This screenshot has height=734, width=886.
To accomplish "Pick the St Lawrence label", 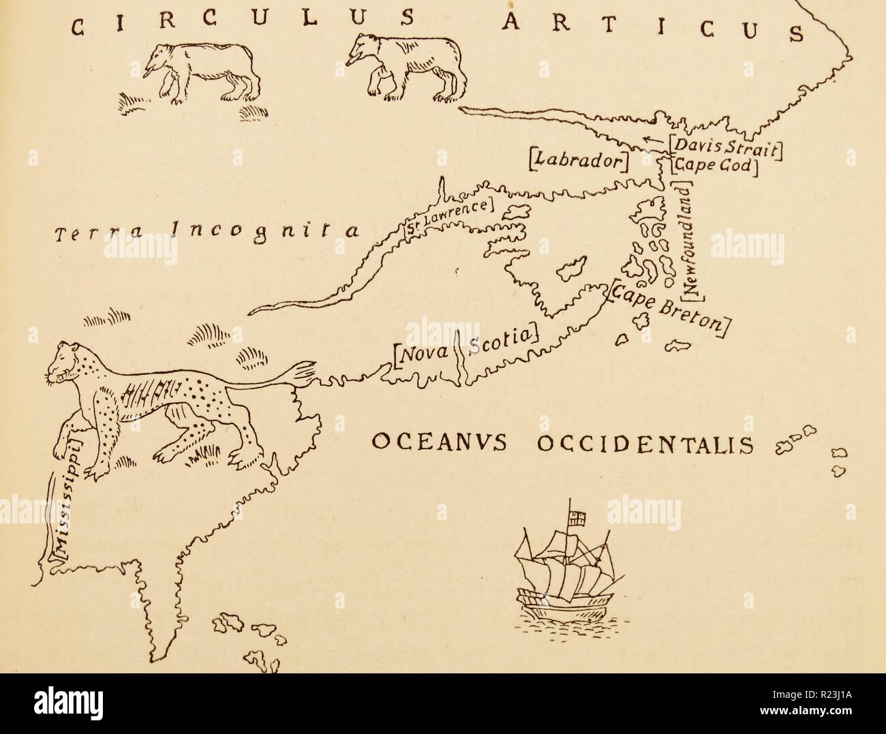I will (447, 217).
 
